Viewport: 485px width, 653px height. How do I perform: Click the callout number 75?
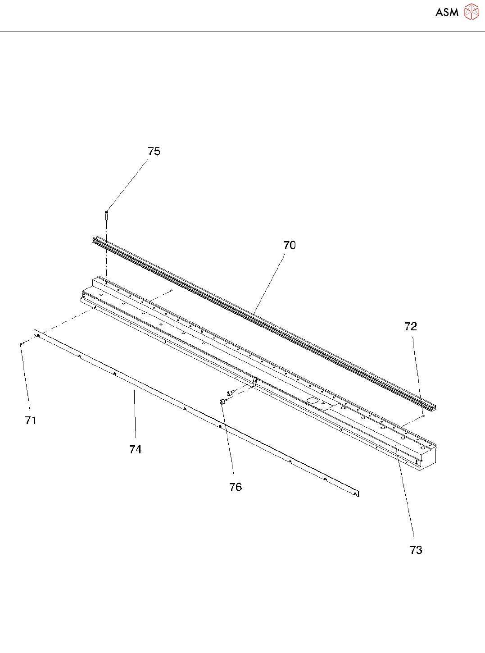(x=154, y=151)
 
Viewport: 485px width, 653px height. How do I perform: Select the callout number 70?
(x=290, y=245)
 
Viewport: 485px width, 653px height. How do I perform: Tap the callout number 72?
(x=411, y=327)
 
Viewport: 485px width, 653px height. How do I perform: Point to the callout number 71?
(x=31, y=420)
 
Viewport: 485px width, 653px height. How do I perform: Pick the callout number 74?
(x=135, y=450)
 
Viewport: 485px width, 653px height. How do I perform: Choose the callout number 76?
(x=236, y=487)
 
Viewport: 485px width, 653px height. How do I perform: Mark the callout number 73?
(x=416, y=550)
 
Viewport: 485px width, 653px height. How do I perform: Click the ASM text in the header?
(x=447, y=13)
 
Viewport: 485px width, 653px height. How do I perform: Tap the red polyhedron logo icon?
(x=471, y=12)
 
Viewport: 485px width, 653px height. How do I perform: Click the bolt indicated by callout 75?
(x=107, y=215)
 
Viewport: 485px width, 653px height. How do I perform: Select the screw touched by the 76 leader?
(x=222, y=401)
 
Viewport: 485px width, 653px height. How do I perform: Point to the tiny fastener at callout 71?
(x=22, y=344)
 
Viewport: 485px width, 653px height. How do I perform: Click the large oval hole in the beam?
(x=312, y=400)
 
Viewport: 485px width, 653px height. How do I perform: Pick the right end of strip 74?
(x=356, y=493)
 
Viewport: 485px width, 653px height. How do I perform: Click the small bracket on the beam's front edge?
(x=254, y=382)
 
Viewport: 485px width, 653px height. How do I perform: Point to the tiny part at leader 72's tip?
(x=423, y=416)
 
